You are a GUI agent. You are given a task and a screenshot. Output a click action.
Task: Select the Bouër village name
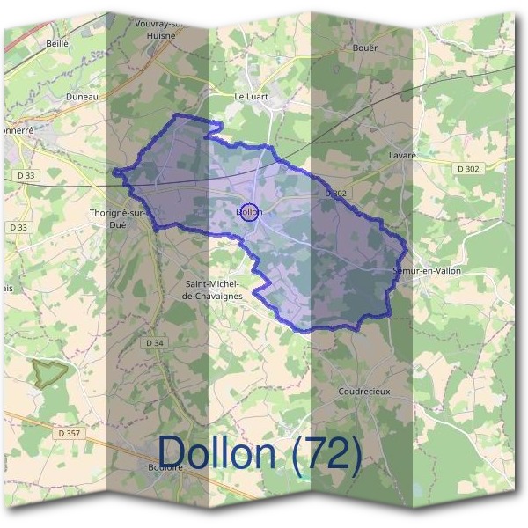(363, 48)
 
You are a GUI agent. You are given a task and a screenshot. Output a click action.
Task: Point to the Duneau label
(81, 97)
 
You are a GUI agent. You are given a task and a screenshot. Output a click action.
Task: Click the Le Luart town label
(250, 97)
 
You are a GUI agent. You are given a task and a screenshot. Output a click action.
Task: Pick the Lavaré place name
(401, 155)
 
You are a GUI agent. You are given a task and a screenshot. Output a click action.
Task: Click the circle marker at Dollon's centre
(249, 212)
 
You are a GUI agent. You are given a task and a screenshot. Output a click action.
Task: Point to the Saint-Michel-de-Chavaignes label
(214, 290)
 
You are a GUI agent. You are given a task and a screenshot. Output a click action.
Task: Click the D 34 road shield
(154, 342)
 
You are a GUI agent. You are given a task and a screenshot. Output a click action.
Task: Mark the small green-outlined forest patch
(48, 370)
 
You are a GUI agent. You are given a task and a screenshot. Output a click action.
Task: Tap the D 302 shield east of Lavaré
(469, 167)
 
